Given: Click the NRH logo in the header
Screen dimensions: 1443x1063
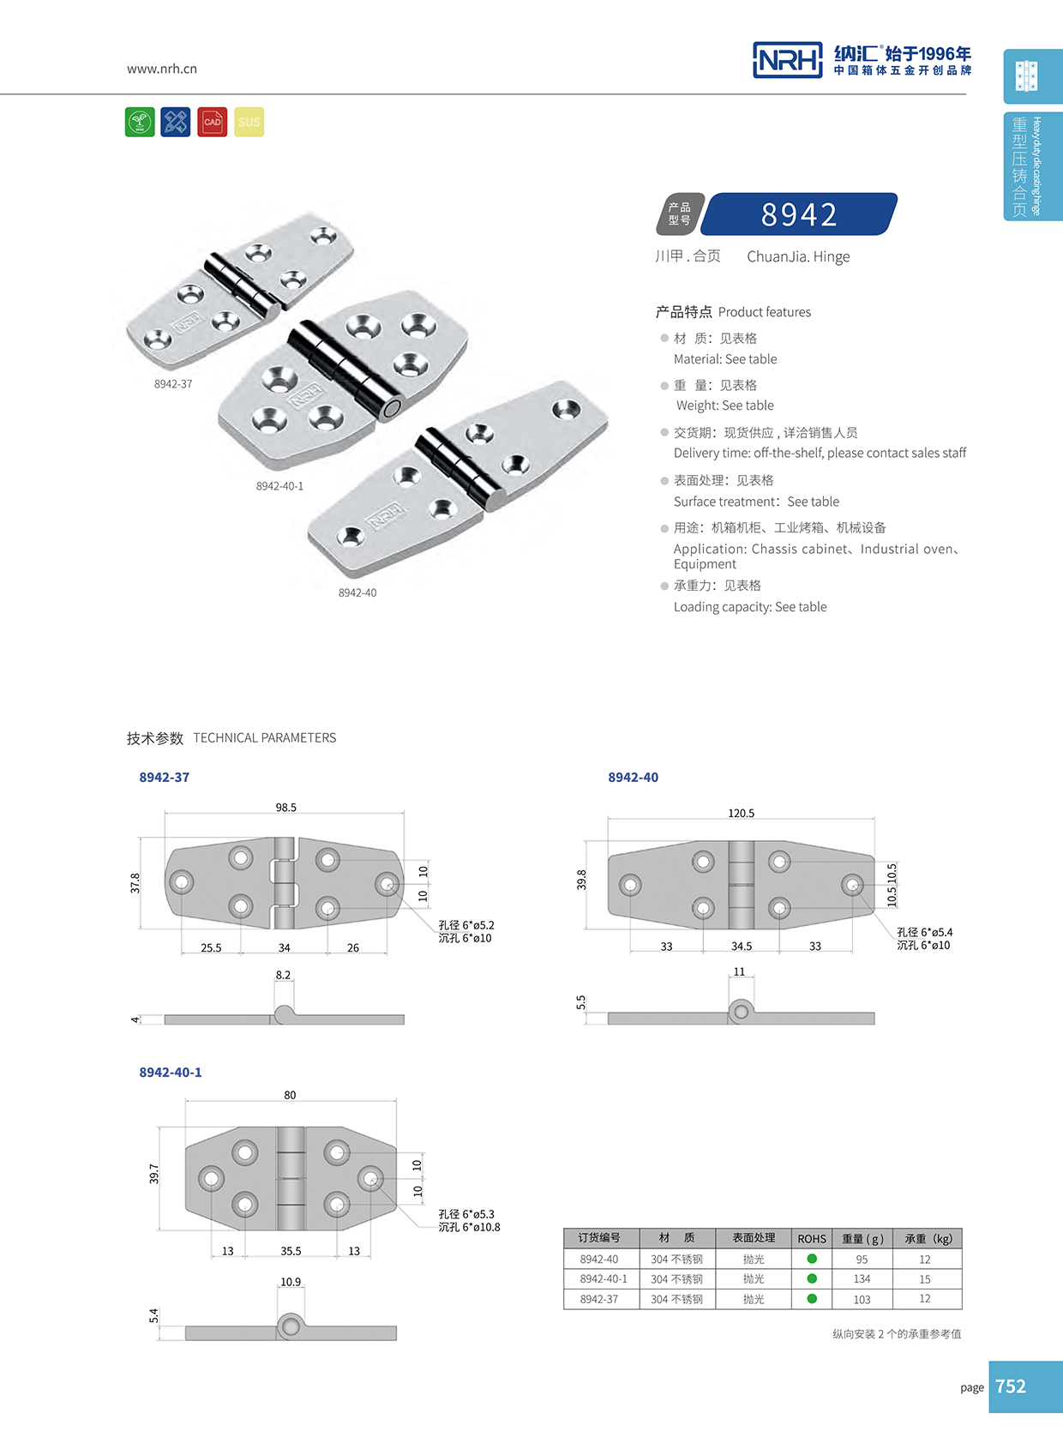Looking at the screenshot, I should (787, 60).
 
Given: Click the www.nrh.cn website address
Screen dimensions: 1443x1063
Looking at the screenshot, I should (162, 69).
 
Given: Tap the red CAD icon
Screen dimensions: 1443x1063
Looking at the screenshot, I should (212, 122).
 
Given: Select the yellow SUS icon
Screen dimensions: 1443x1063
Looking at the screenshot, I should (249, 122).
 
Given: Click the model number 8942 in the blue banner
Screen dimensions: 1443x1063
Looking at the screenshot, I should (799, 214).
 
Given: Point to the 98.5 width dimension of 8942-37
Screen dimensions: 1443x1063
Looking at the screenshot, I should (286, 808).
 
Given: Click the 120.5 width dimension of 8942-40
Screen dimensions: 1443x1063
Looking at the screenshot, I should (742, 813).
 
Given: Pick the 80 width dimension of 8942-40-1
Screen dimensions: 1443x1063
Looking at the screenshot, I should (290, 1095).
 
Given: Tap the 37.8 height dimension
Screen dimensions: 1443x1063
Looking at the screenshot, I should (135, 883).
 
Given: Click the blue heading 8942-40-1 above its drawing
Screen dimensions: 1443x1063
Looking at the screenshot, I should (171, 1073).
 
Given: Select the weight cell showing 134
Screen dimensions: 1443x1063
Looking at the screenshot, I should (862, 1279).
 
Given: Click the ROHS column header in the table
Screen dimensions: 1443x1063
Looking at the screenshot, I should (812, 1239).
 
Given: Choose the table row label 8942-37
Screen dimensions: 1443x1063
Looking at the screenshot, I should (599, 1300).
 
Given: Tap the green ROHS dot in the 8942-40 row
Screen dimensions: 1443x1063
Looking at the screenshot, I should (812, 1259).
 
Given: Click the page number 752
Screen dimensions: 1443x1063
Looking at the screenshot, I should (1011, 1386).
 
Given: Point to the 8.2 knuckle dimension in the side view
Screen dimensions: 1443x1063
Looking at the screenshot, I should (283, 975).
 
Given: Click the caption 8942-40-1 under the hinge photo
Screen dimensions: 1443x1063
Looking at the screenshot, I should (279, 486).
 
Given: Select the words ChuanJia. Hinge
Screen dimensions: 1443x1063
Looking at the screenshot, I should (798, 256).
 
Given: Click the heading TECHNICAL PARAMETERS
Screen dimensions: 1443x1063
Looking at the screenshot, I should (264, 738).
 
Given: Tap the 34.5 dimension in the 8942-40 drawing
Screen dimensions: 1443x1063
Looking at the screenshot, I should (742, 947).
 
